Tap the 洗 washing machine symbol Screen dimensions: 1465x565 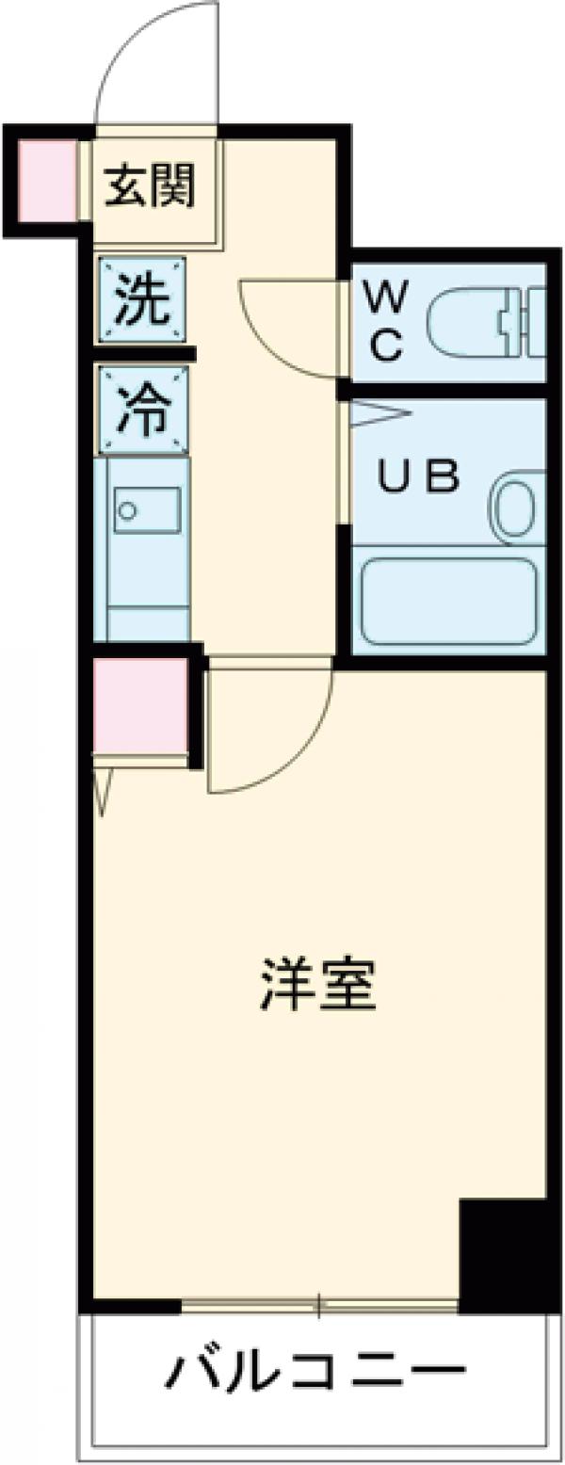point(143,298)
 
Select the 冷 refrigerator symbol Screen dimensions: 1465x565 point(143,410)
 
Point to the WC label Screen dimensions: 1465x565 point(385,323)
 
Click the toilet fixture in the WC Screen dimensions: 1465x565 point(480,323)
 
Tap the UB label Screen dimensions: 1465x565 point(418,478)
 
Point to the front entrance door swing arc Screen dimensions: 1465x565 point(155,66)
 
